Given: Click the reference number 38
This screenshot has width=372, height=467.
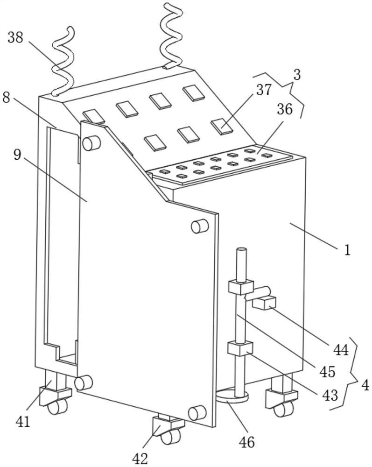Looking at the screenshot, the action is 15,38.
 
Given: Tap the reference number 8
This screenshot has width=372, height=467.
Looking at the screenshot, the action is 6,98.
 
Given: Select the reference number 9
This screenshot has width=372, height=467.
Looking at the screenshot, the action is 17,154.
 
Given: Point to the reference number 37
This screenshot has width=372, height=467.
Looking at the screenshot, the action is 264,90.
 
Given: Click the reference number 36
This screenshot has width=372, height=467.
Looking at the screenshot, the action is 285,109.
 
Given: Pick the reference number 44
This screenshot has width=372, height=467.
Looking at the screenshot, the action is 341,350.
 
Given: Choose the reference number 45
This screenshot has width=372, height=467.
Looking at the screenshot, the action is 327,372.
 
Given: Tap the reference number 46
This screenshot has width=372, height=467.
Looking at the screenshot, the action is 247,442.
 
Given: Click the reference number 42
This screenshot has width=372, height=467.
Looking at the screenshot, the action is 140,459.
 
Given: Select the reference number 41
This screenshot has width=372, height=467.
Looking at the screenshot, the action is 23,421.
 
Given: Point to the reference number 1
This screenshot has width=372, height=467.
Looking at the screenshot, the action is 347,250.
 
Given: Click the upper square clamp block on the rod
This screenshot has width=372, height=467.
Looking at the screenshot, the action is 241,287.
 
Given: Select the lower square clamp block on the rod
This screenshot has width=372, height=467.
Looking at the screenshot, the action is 240,348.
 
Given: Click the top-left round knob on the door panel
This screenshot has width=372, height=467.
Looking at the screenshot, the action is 91,143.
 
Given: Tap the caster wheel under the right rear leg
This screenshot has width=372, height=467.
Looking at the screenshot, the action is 283,409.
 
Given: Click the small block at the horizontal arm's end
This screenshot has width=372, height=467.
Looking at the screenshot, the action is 264,303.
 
